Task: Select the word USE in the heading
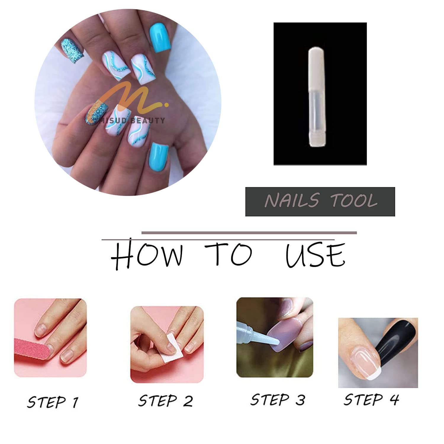[315, 255]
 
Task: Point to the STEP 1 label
[53, 402]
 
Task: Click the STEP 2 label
[165, 401]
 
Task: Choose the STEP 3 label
[277, 400]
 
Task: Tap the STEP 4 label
[371, 399]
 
